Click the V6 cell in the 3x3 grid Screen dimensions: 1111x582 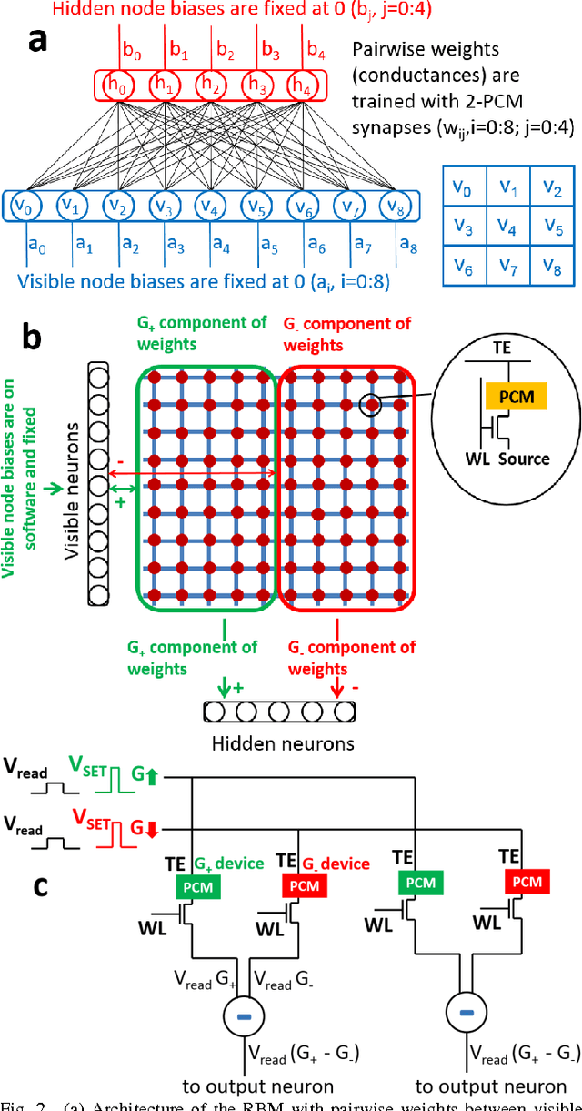(x=465, y=266)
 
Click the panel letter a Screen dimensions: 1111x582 (x=37, y=41)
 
